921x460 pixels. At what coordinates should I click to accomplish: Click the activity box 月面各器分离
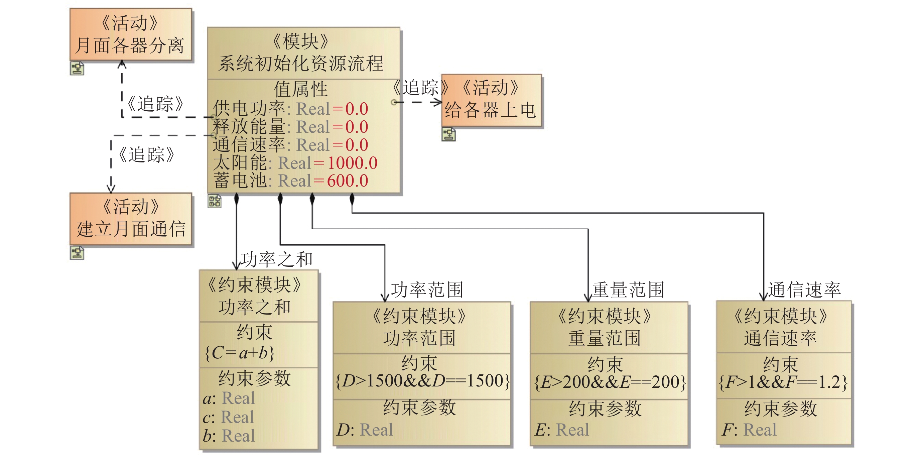(131, 35)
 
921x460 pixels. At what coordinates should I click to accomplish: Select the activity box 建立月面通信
(131, 219)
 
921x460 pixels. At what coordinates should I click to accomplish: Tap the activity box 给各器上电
(491, 100)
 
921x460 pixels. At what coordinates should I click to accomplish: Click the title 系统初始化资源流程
(301, 64)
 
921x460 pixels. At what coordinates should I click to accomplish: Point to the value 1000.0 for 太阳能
(353, 163)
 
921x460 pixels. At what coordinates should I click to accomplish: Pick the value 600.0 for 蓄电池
(348, 181)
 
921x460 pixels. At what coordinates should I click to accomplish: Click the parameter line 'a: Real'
(229, 398)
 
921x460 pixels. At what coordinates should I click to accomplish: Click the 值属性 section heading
(301, 89)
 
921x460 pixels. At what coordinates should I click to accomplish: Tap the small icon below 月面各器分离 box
(77, 68)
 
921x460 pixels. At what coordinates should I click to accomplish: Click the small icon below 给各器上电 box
(449, 134)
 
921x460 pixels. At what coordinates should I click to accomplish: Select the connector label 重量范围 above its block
(628, 290)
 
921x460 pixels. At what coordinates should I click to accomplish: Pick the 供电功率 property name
(249, 108)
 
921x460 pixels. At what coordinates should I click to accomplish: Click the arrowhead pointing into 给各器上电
(438, 102)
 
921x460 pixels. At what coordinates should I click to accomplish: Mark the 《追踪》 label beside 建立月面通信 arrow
(147, 155)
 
